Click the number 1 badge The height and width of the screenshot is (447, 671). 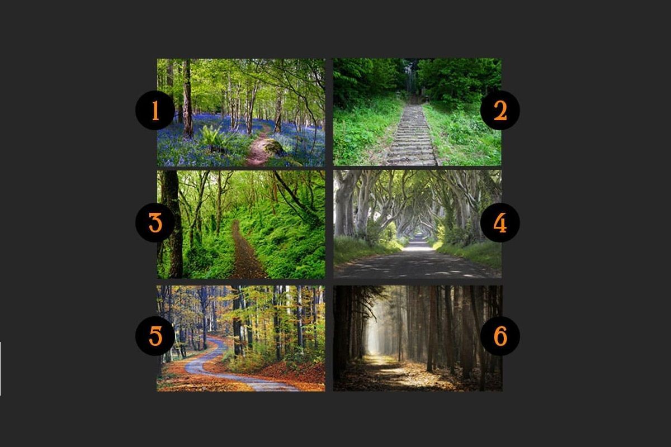155,110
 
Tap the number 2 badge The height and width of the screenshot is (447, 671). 500,110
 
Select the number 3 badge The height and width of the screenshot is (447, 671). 155,222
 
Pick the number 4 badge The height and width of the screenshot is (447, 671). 500,222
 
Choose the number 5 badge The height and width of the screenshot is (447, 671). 155,336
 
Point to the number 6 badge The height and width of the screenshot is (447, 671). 500,336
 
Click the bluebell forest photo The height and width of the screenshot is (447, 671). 241,112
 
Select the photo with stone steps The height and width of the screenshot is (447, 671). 417,112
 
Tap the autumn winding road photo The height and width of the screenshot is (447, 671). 241,338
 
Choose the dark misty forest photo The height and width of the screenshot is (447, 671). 418,338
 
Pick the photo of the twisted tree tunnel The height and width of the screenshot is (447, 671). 417,224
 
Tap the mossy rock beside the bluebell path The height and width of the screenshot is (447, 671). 274,148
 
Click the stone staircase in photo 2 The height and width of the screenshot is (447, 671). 412,135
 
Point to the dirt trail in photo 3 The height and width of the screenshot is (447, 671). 245,251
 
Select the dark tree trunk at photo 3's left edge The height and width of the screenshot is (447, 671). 172,224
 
